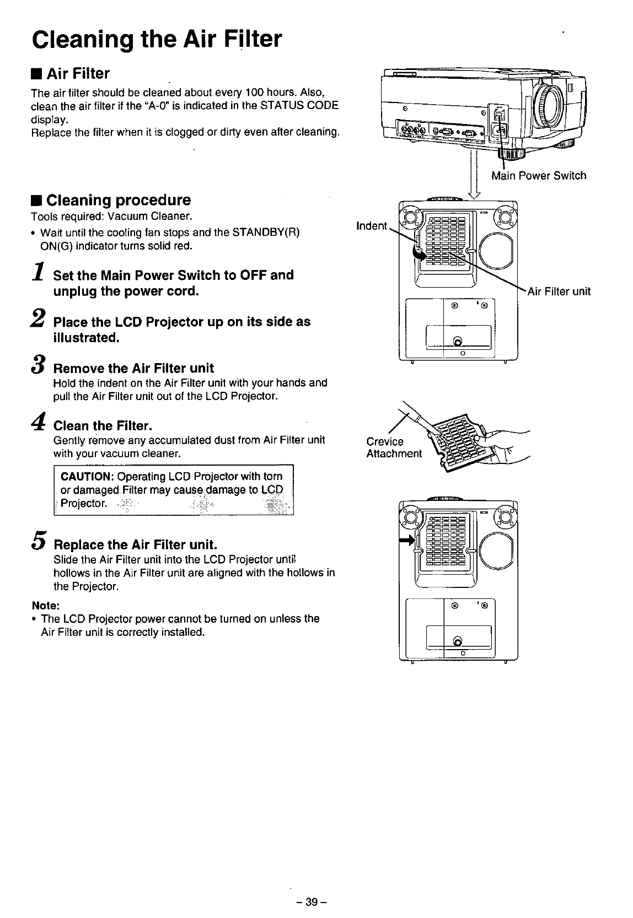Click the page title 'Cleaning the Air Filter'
(157, 39)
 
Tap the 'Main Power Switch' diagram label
(539, 176)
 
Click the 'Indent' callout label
(372, 226)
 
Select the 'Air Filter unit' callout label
(559, 291)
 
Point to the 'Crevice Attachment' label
(393, 447)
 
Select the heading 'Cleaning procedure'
(119, 200)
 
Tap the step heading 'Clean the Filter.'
(103, 426)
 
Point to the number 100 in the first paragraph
(255, 91)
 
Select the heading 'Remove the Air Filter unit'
(133, 368)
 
